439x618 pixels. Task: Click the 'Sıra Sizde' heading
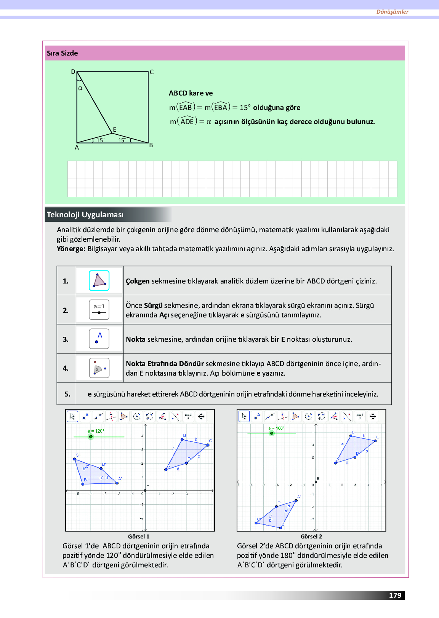click(x=62, y=53)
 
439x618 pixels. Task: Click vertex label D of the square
click(x=73, y=72)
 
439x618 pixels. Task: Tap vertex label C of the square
click(x=152, y=72)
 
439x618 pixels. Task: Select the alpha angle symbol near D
click(x=80, y=88)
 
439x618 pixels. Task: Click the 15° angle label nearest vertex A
click(x=100, y=140)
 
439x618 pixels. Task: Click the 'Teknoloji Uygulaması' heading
click(x=85, y=215)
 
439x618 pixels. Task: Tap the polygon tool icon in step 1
click(x=99, y=280)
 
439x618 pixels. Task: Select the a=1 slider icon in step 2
click(x=99, y=310)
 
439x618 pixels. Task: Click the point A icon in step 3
click(x=99, y=339)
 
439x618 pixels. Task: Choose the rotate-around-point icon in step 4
click(x=99, y=368)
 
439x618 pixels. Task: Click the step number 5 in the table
click(x=67, y=394)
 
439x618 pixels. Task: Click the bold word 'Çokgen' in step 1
click(x=138, y=281)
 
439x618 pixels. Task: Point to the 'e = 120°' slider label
click(x=96, y=431)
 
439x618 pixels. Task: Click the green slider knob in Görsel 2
click(x=272, y=433)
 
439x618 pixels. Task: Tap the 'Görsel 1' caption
click(x=139, y=537)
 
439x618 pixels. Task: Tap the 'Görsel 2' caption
click(x=311, y=537)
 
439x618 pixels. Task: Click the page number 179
click(x=395, y=596)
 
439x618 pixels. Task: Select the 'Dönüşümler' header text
click(x=392, y=12)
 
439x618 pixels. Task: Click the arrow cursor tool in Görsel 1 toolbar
click(x=72, y=416)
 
